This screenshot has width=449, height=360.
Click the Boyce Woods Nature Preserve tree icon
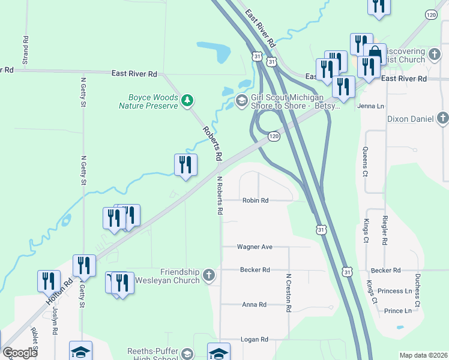[188, 100]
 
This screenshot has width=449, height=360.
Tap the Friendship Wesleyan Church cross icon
[208, 275]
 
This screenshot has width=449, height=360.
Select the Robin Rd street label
[255, 200]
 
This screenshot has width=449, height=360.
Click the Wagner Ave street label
[255, 247]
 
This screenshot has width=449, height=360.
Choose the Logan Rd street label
[255, 340]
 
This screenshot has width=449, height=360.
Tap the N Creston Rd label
[289, 293]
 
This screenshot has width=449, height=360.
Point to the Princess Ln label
[394, 291]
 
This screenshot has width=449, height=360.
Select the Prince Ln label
[397, 311]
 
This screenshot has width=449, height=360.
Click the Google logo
[20, 353]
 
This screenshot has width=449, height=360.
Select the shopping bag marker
[375, 53]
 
